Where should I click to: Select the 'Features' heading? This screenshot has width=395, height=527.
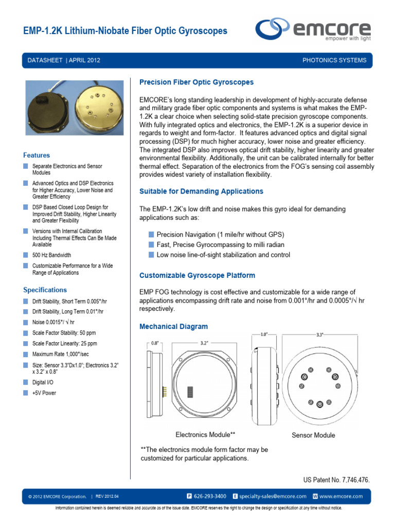click(x=37, y=155)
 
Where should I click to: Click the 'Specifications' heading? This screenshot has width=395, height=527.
click(x=45, y=290)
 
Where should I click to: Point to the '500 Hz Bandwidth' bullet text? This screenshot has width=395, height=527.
click(x=51, y=255)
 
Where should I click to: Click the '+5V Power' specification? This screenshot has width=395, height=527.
click(x=44, y=393)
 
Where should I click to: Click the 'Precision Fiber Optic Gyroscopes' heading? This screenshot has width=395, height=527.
click(x=196, y=82)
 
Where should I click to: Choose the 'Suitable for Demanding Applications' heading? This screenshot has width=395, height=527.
click(x=201, y=191)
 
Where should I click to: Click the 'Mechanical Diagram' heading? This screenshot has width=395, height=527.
click(x=174, y=326)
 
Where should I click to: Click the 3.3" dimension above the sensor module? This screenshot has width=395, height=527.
click(x=319, y=335)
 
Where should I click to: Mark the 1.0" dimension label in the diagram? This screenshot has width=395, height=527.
click(x=263, y=335)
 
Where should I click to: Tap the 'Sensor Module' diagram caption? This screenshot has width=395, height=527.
click(x=313, y=435)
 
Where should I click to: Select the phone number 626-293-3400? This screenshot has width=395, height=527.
click(x=210, y=497)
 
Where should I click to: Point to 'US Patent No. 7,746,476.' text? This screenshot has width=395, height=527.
click(x=337, y=480)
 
